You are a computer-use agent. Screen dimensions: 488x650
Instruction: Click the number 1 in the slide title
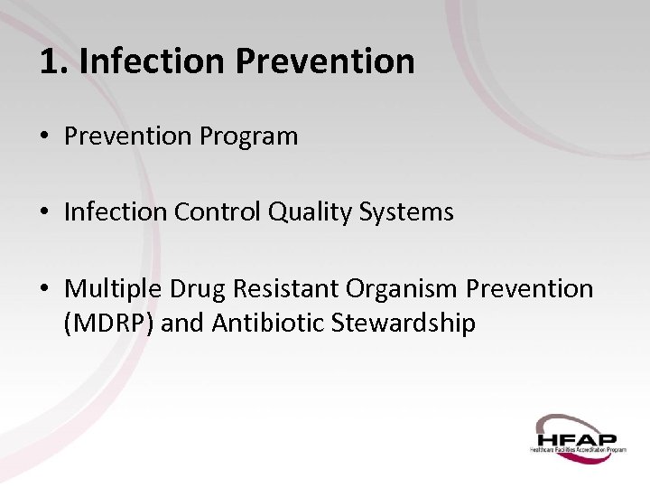coord(50,61)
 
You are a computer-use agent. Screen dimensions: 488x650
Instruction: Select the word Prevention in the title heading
coord(326,61)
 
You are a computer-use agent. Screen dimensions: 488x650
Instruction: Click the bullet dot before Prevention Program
coord(43,137)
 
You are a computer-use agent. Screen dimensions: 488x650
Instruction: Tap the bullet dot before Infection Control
coord(43,212)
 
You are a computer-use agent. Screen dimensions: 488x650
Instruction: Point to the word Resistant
coord(284,289)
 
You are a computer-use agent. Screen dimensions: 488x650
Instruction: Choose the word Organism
coord(401,289)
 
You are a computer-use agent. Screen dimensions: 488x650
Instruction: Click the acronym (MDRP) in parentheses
coord(108,324)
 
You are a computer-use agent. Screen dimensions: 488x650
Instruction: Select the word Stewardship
coord(404,324)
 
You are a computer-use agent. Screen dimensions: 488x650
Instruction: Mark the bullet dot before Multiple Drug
coord(43,289)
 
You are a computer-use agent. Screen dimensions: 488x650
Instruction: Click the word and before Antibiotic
coord(182,324)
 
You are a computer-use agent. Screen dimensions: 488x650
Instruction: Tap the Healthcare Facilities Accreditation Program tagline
coord(578,448)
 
